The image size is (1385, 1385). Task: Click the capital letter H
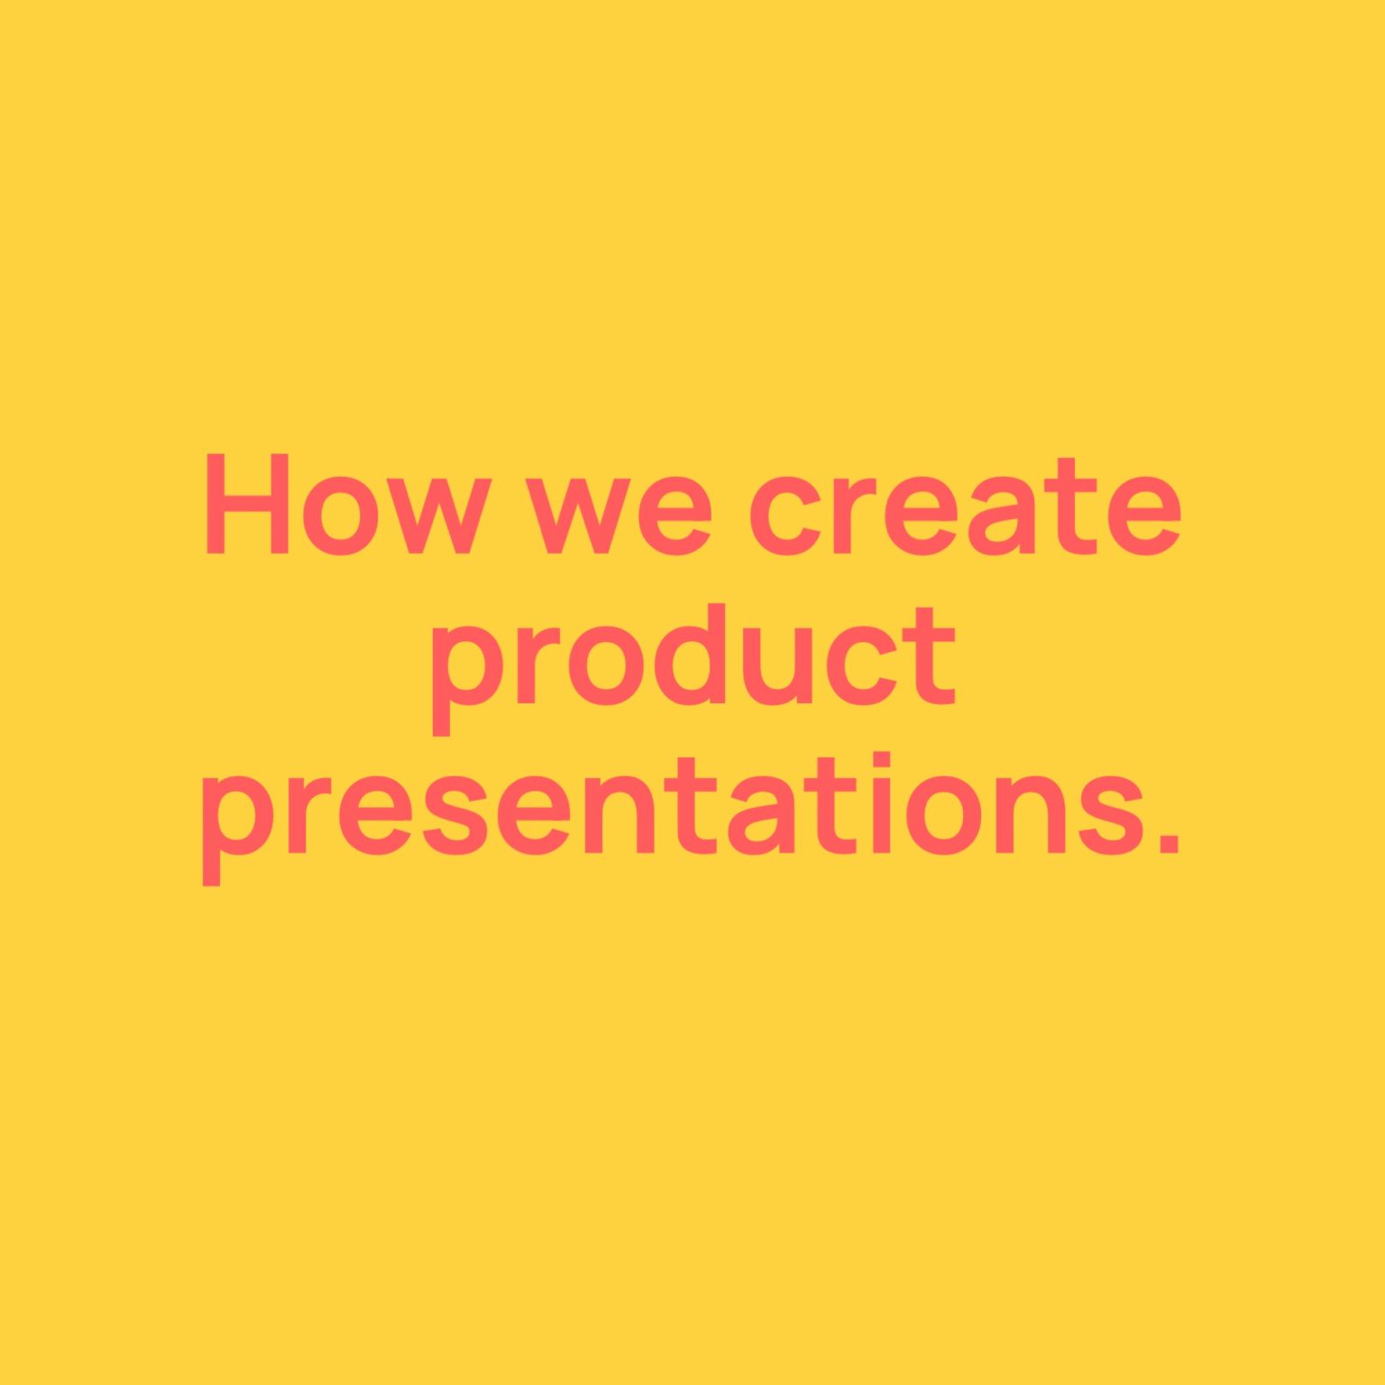point(247,504)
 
